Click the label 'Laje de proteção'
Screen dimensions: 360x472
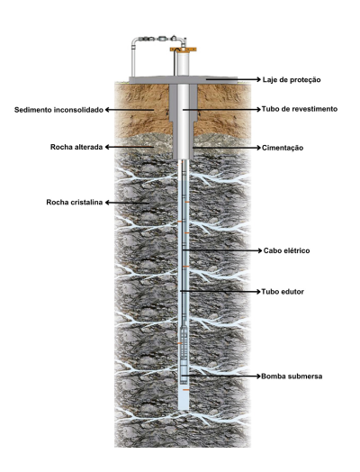tap(292, 80)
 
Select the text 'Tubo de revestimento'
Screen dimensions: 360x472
tap(300, 109)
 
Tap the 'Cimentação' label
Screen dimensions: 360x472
tap(283, 148)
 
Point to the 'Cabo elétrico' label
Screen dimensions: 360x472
tap(286, 250)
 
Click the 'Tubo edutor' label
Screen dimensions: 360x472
tap(283, 292)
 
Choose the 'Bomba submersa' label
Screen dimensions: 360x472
tap(292, 377)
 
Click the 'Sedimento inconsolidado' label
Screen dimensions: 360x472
tap(58, 110)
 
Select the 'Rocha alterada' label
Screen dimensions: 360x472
tap(76, 147)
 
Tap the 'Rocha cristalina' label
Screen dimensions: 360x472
tap(75, 203)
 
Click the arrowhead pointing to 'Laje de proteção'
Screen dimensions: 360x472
tap(258, 79)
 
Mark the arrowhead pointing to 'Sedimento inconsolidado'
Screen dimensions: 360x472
tap(108, 110)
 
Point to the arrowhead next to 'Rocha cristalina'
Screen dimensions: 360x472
tap(108, 203)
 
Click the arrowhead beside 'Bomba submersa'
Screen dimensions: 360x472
tap(257, 377)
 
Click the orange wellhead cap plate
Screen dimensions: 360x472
tap(184, 49)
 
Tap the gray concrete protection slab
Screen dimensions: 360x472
tap(183, 80)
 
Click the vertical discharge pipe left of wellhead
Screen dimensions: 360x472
tap(133, 59)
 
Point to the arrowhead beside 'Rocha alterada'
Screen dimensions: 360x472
tap(108, 147)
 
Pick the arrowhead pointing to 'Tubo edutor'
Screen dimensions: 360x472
tap(257, 292)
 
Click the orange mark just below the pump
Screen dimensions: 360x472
tap(186, 390)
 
